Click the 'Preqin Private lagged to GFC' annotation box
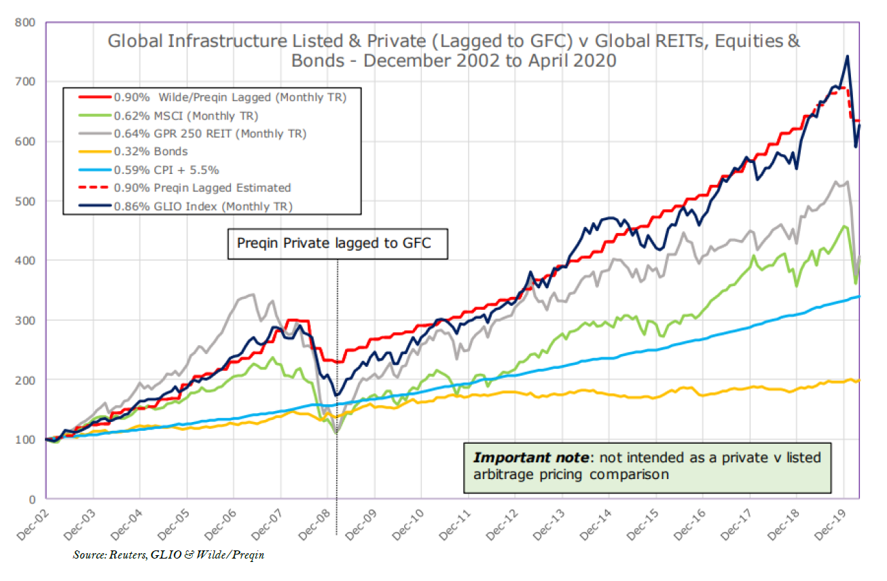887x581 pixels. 338,243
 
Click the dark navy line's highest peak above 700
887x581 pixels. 846,56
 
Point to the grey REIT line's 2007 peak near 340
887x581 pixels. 252,294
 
